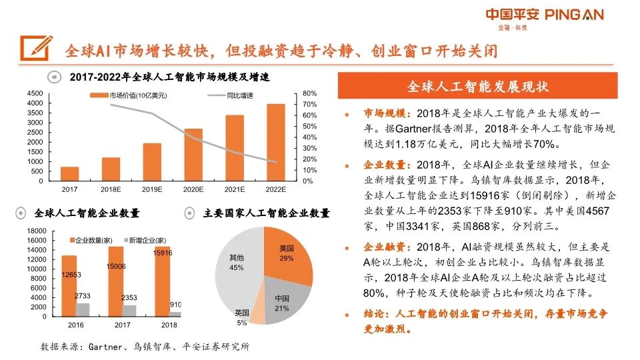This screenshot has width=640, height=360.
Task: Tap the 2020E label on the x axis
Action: pyautogui.click(x=193, y=190)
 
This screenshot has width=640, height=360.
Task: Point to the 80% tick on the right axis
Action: pyautogui.click(x=309, y=93)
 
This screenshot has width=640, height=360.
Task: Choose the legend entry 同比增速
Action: pyautogui.click(x=241, y=96)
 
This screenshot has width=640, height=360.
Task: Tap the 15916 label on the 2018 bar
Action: pyautogui.click(x=162, y=253)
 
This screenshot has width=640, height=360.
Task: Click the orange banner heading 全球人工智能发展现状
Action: pyautogui.click(x=477, y=87)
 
